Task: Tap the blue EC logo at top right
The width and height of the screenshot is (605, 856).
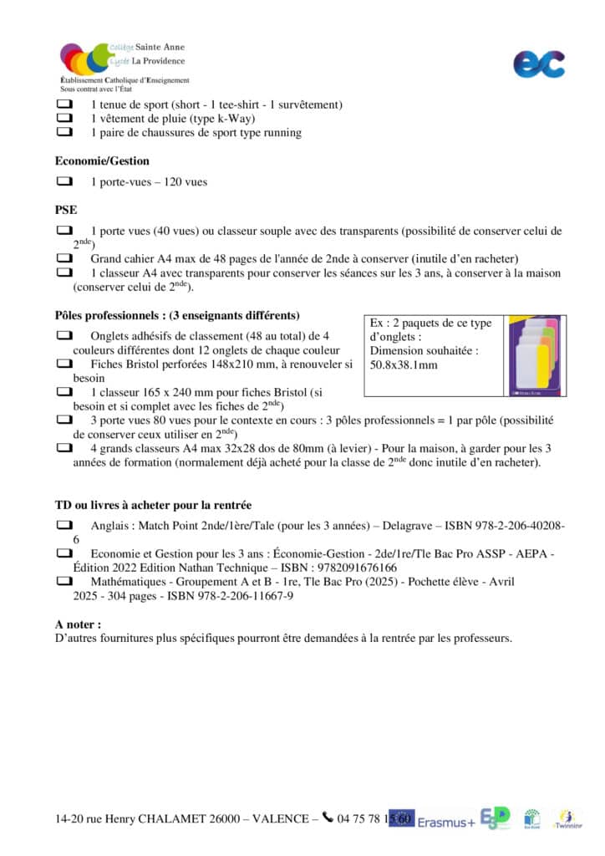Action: [x=538, y=64]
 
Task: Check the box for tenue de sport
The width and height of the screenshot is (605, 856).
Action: [x=64, y=105]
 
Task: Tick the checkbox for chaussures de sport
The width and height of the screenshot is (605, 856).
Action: [x=64, y=132]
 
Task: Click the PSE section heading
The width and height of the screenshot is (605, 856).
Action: [x=66, y=210]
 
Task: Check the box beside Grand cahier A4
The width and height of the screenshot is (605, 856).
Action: [x=64, y=258]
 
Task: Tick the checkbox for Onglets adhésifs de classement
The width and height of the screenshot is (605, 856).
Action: [x=64, y=335]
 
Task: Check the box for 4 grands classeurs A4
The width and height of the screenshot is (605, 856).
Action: [x=64, y=448]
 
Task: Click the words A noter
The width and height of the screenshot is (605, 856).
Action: [x=79, y=624]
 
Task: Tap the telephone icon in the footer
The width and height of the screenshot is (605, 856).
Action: [x=328, y=818]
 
